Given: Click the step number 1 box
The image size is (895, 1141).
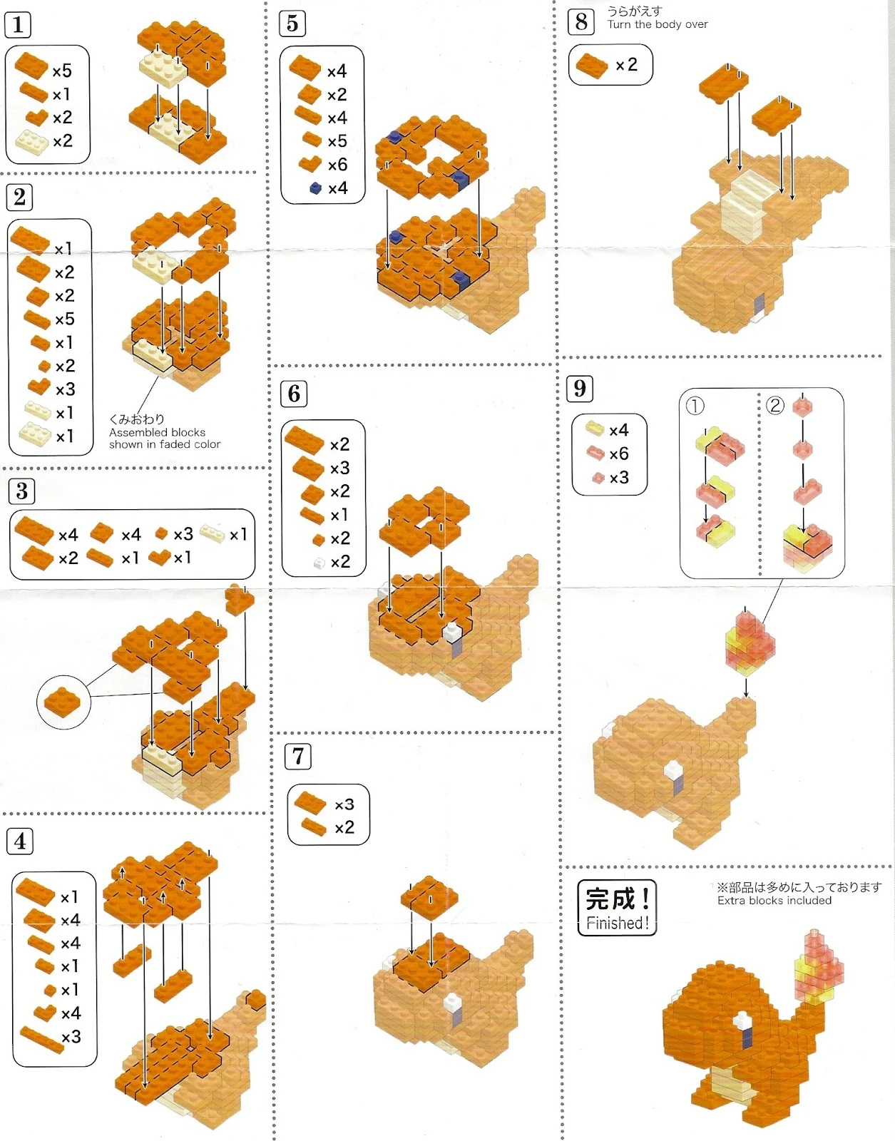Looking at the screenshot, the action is pos(18,25).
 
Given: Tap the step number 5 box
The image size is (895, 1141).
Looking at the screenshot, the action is pos(292,24).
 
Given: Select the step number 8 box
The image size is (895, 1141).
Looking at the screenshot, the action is pos(581,22).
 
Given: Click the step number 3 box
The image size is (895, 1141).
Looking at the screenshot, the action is pos(21,491).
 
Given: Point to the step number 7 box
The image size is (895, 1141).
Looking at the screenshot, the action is pos(297,757).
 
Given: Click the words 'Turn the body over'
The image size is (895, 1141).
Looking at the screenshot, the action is pos(658,24).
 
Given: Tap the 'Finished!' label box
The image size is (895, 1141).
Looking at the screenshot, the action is pos(617,907).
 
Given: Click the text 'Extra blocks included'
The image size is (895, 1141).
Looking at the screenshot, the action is pos(774,901).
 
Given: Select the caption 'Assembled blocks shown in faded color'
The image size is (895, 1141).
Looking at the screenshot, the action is pos(164,438).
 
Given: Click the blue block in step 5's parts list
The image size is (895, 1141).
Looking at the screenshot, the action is pos(315,188).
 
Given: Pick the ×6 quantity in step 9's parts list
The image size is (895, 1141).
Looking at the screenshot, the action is pos(619,453).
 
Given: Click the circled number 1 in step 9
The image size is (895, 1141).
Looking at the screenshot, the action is pos(695,406).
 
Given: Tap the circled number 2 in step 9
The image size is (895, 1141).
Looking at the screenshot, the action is pos(774,405).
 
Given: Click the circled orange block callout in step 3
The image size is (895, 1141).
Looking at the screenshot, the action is pos(63,702).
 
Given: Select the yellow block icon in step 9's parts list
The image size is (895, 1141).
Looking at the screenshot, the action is pos(595,429).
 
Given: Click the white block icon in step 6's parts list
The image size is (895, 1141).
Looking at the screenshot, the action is pos(319,563).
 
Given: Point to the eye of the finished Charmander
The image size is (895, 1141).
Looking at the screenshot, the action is pos(744,1026).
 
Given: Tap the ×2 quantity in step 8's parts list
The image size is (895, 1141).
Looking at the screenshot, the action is pos(626,65).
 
